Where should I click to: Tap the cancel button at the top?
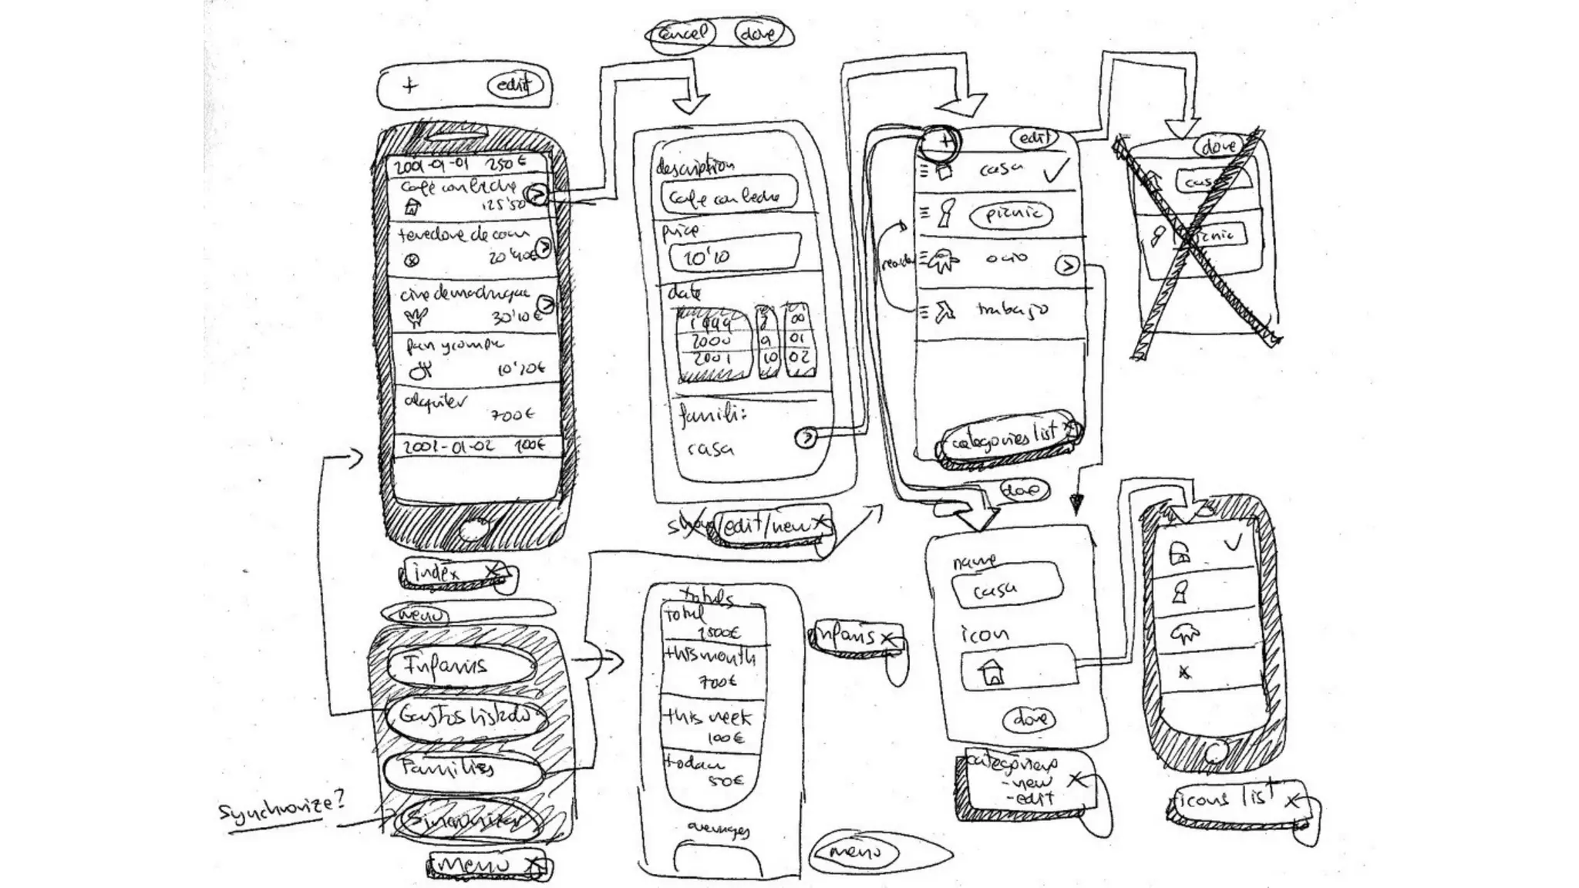point(682,34)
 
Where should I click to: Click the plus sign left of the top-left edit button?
point(409,86)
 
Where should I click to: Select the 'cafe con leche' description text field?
point(727,197)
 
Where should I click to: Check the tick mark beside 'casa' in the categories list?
point(1055,170)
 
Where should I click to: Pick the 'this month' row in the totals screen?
point(711,668)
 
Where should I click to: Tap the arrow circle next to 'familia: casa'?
point(806,437)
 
